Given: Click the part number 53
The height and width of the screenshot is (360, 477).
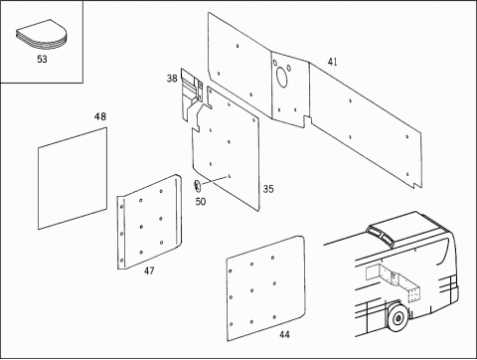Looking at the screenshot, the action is coord(42,59).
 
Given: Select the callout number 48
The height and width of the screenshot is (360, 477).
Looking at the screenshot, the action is coord(100,116).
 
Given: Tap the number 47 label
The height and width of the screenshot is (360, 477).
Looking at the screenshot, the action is coord(149,270).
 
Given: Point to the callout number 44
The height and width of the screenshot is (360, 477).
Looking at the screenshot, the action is coord(284,334).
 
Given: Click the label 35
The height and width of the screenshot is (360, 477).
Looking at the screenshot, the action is coord(268,189).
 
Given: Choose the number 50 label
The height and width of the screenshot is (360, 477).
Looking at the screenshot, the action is coord(201,202).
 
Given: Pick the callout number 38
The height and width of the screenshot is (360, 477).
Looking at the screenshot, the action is coord(172,79).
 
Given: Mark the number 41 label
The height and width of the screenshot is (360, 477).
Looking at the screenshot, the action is coord(332,62).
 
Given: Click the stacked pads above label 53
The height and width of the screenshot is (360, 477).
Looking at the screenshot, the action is coord(42,35).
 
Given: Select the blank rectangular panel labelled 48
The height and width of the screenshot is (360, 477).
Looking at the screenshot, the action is coord(73,178).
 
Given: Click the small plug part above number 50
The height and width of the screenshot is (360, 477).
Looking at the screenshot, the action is coord(198,186).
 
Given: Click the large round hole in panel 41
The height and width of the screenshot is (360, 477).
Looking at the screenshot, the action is coord(282,77).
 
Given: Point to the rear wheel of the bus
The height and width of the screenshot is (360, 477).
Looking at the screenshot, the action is coord(397,318).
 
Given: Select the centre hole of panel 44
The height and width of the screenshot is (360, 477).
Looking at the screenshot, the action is coord(252,290).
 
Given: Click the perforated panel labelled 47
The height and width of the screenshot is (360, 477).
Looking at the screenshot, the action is coord(149,222).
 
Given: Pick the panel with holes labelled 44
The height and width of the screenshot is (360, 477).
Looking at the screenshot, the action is coord(265,288).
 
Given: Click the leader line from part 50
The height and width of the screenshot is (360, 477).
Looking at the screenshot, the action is coord(215,180).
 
